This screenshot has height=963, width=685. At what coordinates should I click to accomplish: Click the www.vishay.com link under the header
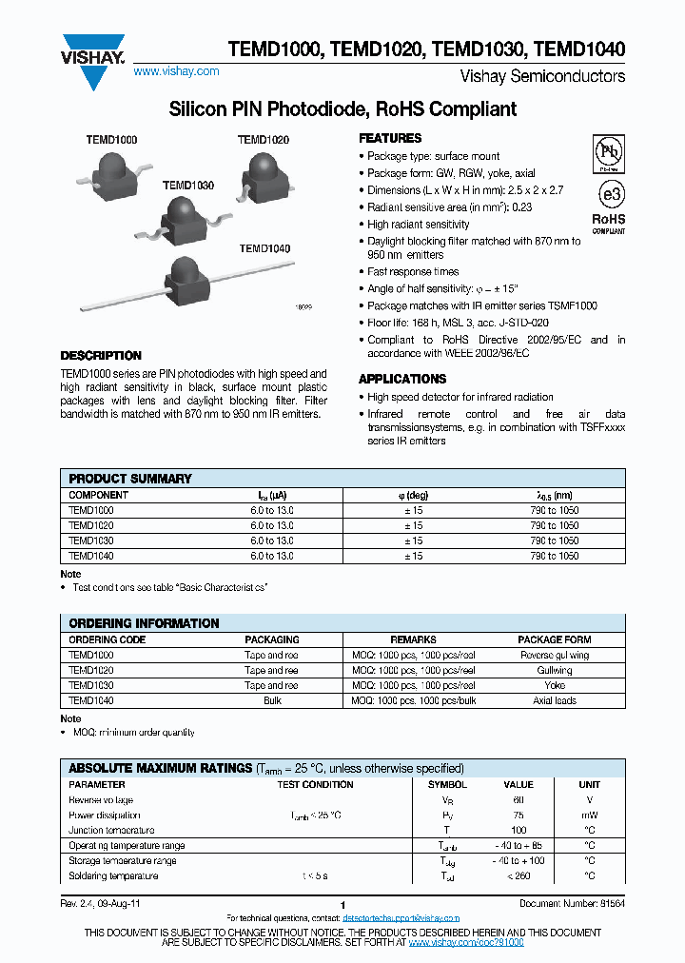pos(176,71)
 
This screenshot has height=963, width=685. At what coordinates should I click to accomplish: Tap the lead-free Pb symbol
pos(608,153)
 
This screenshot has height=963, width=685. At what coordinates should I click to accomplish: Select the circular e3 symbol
pos(609,194)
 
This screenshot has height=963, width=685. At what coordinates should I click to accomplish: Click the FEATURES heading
pos(390,138)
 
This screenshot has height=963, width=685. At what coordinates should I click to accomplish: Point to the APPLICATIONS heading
pos(402,379)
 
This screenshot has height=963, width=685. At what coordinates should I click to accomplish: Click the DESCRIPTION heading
pos(101,356)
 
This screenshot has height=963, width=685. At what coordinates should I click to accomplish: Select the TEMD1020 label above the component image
pos(264,140)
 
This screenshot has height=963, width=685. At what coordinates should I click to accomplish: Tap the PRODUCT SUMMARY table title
pos(130,479)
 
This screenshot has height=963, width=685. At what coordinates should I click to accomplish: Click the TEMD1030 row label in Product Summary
pos(91,540)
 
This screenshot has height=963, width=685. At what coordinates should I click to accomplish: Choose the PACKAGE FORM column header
pos(555,640)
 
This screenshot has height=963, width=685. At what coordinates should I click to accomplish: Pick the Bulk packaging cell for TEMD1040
pos(271,701)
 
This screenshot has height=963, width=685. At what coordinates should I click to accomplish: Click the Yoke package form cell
pos(555,686)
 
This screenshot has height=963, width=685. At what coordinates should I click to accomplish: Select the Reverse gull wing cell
pos(555,656)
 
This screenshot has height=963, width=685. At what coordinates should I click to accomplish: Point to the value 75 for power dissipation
pos(519,816)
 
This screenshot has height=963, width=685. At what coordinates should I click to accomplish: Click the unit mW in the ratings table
pos(589,816)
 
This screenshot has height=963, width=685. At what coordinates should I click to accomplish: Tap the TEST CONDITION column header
pos(315,785)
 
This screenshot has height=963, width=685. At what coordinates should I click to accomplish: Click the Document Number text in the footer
pos(571,903)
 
